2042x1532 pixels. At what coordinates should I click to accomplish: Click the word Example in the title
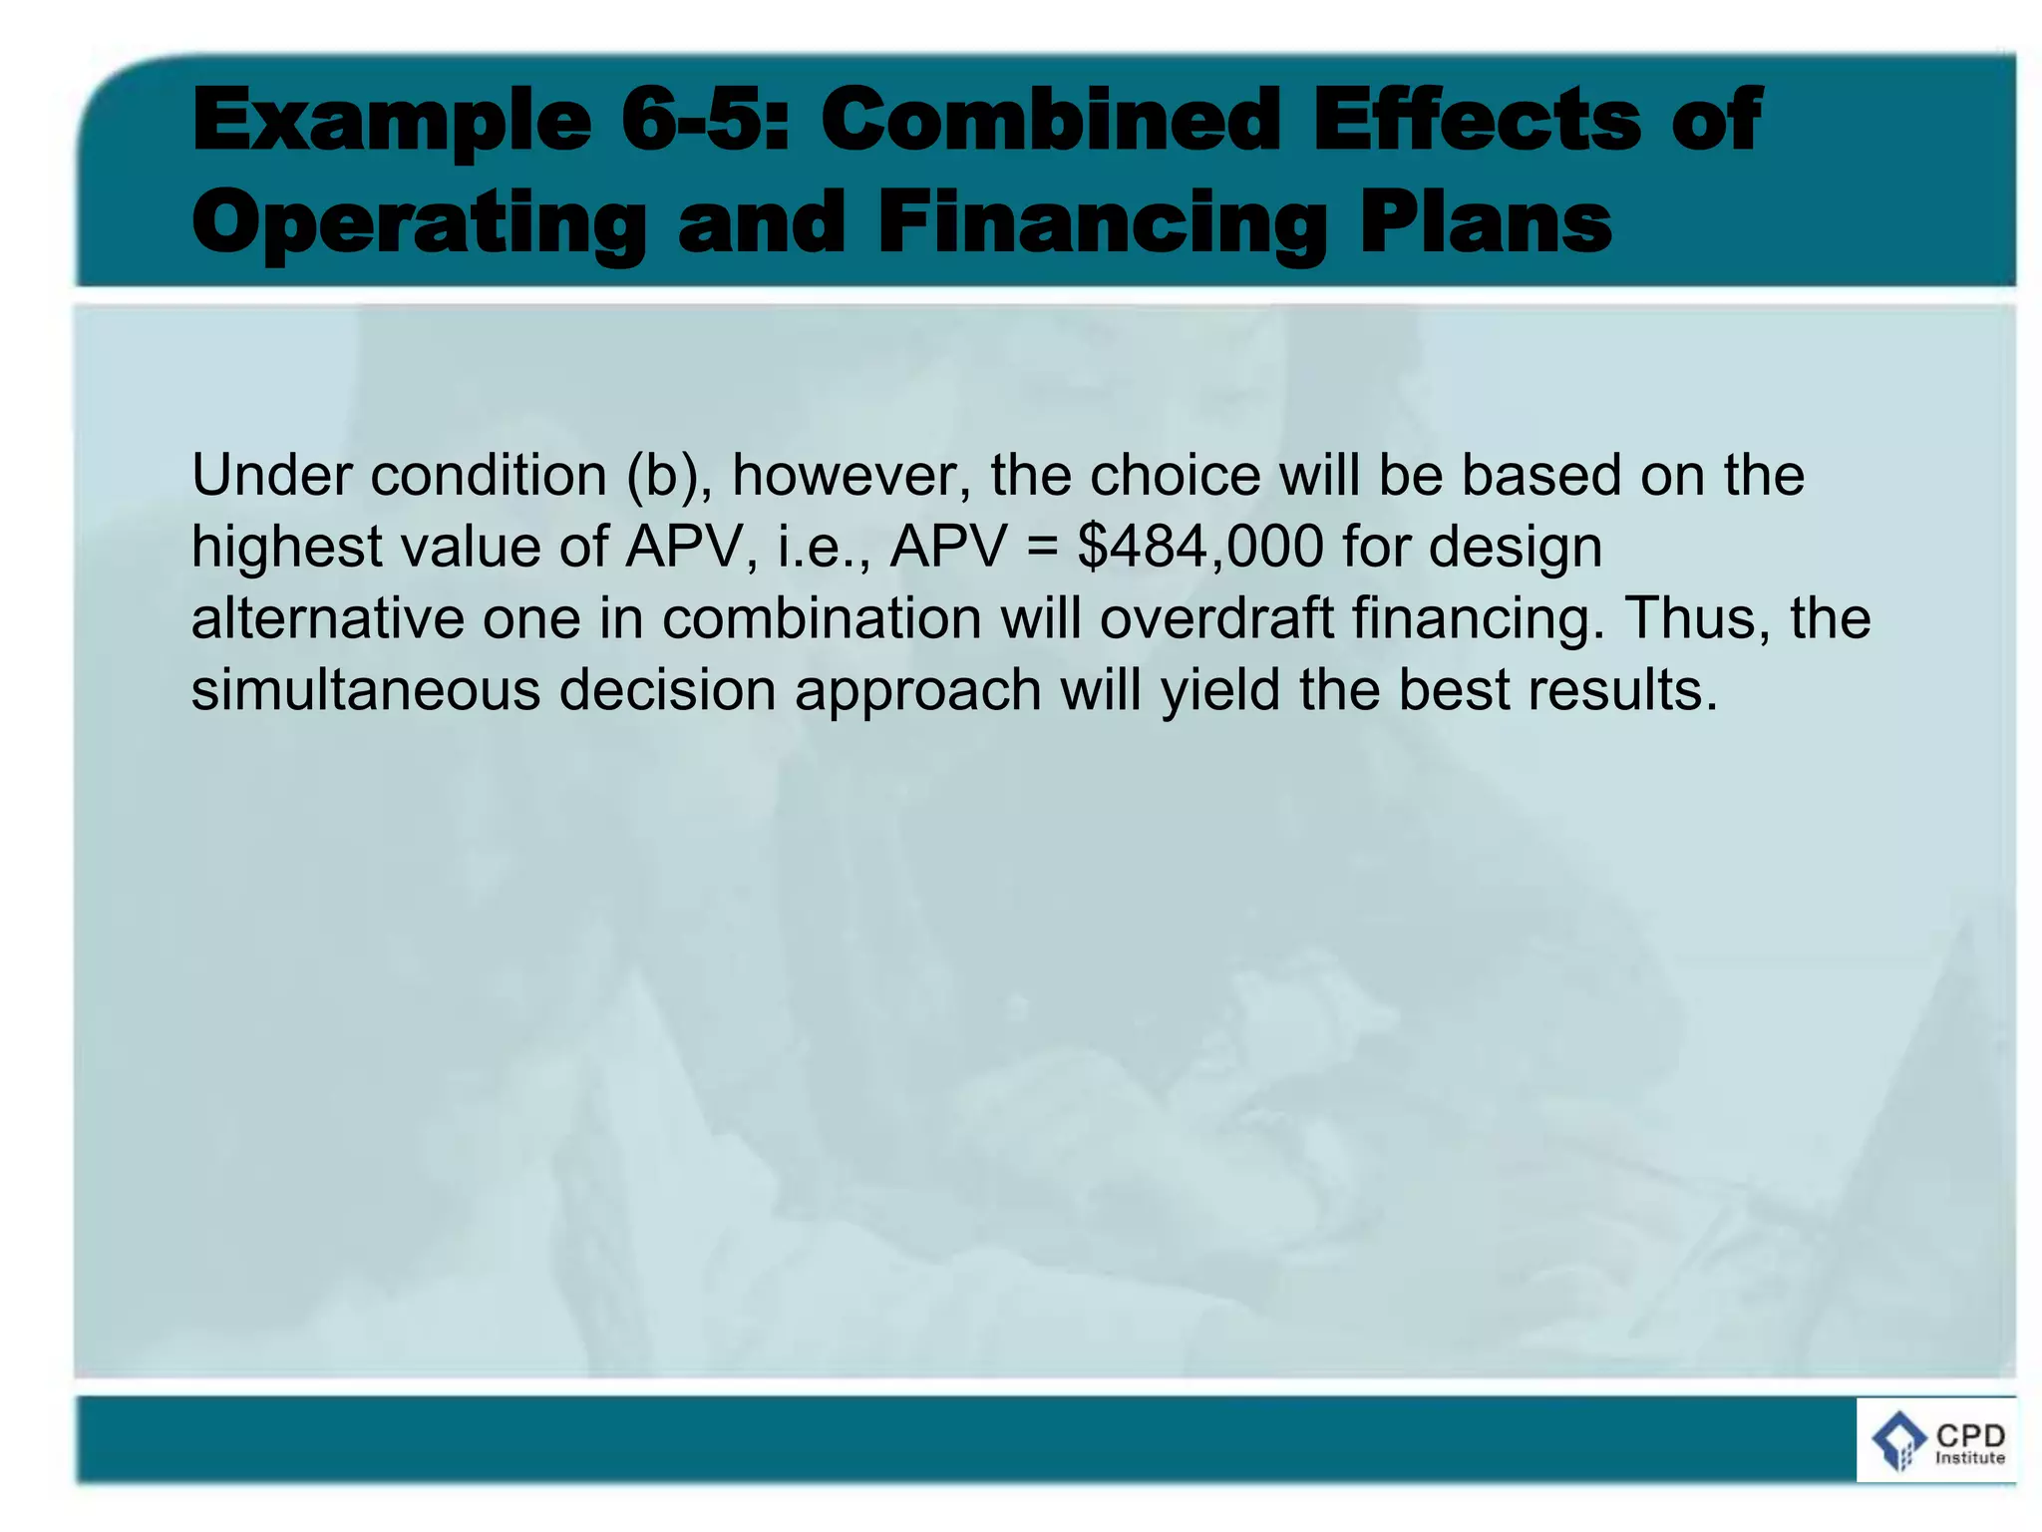391,123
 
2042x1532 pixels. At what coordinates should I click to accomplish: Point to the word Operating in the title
419,224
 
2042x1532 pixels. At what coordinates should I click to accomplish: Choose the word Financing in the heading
1102,224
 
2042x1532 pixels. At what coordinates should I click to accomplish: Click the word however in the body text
851,477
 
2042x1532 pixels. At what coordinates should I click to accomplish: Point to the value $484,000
1200,548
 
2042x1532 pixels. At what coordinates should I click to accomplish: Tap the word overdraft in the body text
1216,618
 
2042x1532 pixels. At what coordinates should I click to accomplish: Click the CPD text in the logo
1969,1436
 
